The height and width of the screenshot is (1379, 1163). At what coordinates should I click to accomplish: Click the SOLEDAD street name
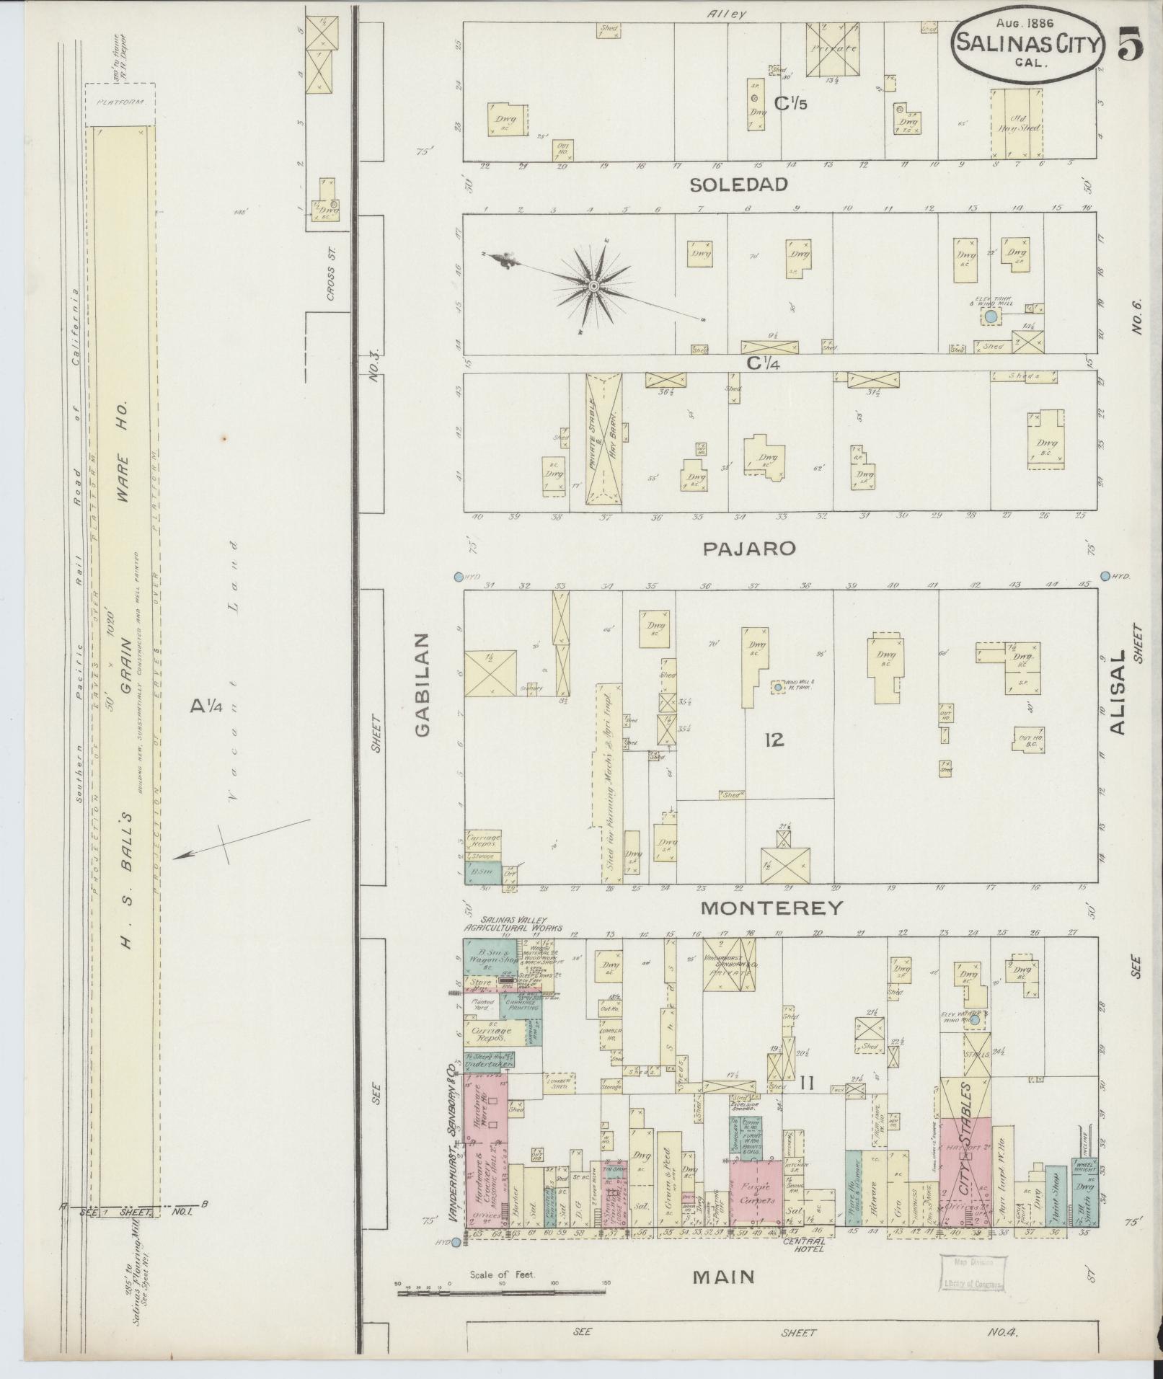point(738,185)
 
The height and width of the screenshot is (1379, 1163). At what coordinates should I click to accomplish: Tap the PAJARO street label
point(749,549)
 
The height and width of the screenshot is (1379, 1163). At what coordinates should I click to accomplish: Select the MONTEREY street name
point(771,908)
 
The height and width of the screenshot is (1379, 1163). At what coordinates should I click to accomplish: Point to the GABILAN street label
point(423,685)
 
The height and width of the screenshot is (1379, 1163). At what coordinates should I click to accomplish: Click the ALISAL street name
point(1118,693)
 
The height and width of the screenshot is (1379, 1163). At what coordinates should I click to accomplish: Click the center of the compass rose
point(593,287)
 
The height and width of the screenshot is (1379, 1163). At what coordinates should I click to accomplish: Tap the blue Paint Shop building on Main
point(1056,1197)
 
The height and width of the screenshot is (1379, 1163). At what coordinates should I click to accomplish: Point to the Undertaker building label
point(488,1063)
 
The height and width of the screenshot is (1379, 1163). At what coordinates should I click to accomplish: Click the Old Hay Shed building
point(1017,124)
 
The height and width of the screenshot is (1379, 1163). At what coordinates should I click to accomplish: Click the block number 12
point(774,740)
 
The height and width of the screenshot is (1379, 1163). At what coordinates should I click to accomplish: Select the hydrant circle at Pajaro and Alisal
point(1105,575)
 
